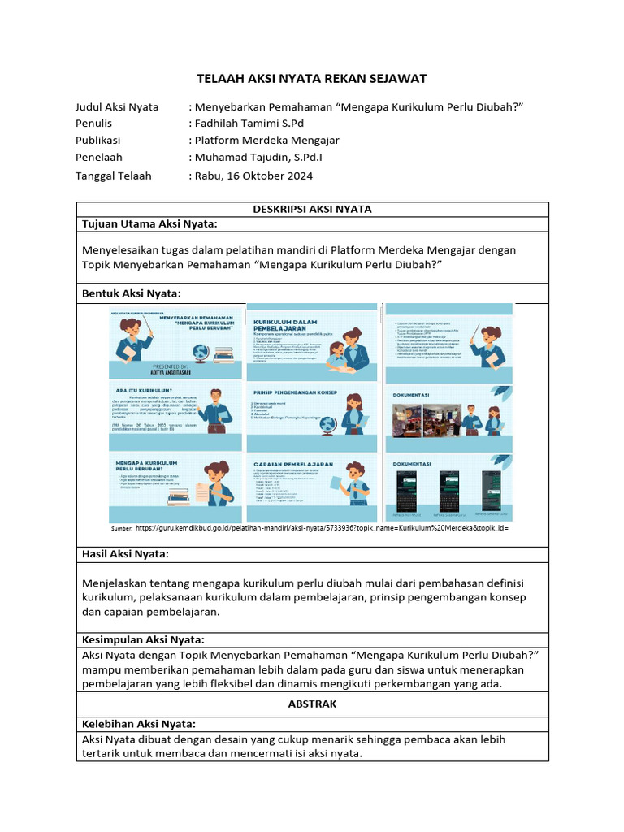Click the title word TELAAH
coord(222,78)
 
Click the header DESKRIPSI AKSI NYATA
coord(312,209)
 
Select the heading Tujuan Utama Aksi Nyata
coord(149,224)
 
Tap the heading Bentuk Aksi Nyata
coord(132,292)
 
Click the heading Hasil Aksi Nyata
coord(126,553)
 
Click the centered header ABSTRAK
coord(312,704)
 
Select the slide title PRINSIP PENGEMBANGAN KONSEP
coord(296,391)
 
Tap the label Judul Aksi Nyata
coord(117,106)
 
